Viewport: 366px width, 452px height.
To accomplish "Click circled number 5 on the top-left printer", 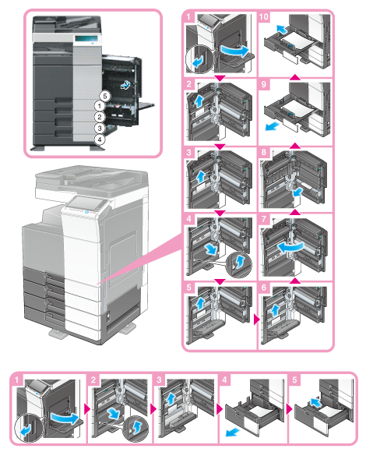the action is click(105, 96).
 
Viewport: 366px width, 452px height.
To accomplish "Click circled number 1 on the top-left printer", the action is click(100, 106).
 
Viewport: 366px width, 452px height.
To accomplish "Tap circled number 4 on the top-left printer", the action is click(100, 139).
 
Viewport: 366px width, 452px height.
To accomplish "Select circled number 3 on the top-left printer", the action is click(100, 129).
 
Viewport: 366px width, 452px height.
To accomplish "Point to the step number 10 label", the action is click(264, 16).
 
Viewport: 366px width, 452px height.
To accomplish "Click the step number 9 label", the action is click(264, 84).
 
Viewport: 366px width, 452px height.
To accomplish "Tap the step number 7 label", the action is click(264, 219).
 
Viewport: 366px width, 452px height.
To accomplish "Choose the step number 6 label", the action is click(264, 288).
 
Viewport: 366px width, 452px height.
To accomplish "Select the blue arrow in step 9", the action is click(272, 126).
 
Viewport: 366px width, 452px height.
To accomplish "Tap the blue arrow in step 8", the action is click(297, 192).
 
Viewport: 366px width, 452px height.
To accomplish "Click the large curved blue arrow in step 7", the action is click(290, 247).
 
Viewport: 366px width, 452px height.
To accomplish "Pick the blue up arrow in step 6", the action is click(276, 309).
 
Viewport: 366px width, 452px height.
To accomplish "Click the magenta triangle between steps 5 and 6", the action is click(256, 320).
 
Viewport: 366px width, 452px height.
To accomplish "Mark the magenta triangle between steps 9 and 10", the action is click(295, 76).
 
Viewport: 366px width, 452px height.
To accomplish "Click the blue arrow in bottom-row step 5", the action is click(316, 402).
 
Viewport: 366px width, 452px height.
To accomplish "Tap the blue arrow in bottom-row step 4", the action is click(232, 432).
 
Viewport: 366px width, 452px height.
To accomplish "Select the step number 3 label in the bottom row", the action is click(159, 380).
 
